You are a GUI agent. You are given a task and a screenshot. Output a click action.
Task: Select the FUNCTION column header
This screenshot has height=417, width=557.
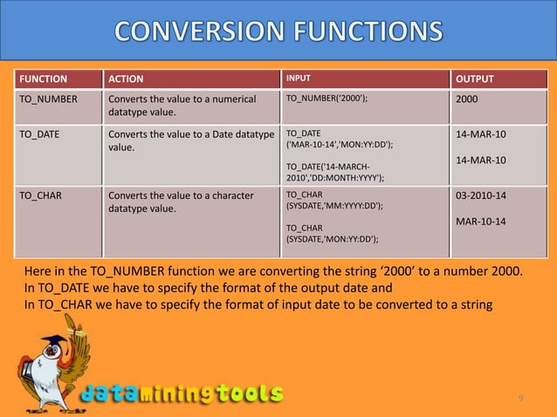tap(43, 80)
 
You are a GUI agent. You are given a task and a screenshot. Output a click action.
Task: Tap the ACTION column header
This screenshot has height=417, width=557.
tap(126, 80)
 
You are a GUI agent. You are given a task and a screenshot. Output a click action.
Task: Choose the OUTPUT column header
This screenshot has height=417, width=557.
tap(475, 80)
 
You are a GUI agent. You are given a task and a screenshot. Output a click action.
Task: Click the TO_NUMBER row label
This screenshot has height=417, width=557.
tap(48, 99)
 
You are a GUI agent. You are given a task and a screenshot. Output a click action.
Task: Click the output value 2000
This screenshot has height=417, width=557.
tap(467, 99)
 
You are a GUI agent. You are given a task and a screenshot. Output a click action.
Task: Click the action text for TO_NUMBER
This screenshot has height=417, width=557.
tap(181, 106)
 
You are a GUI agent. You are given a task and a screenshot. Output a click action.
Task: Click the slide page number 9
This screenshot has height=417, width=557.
tap(521, 399)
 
